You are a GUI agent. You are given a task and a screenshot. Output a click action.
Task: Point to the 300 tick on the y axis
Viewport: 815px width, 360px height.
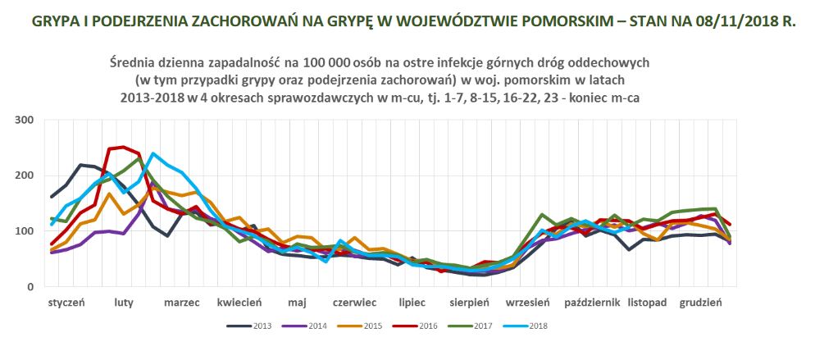click(23, 121)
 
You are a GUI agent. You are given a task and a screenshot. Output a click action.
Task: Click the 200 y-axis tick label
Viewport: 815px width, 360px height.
click(23, 175)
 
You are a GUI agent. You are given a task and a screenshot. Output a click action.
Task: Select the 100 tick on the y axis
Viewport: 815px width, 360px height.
click(23, 231)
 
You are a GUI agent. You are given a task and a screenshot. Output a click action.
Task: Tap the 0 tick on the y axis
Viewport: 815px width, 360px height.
click(29, 287)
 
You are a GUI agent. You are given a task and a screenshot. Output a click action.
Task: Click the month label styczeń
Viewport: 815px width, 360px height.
click(66, 303)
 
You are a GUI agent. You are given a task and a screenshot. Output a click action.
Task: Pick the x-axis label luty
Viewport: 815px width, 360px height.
click(124, 303)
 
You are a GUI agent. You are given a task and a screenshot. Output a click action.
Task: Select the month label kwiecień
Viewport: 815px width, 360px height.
click(239, 303)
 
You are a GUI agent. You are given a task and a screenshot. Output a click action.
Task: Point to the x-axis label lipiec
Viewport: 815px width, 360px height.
click(412, 303)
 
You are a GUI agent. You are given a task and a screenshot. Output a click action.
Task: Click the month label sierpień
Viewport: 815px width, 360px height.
click(470, 303)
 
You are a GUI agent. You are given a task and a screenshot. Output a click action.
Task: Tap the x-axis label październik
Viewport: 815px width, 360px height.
click(591, 303)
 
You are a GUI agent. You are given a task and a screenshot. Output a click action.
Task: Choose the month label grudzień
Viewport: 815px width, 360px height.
click(701, 303)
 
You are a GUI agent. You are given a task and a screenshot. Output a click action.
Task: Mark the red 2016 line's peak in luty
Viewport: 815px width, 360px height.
click(123, 148)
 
